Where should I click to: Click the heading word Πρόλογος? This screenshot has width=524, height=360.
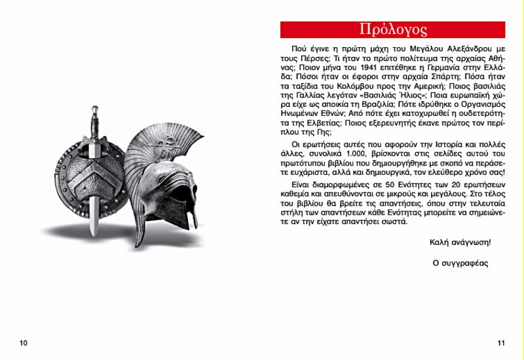point(393,29)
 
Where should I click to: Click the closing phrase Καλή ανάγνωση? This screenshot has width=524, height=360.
point(460,242)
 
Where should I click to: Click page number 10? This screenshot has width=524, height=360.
point(24,343)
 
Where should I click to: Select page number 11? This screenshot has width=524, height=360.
point(501,343)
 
